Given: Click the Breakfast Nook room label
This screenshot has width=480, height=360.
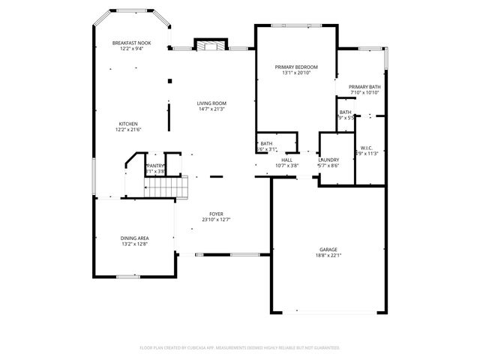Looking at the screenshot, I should (x=132, y=43).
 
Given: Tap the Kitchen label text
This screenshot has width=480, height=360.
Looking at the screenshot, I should (x=127, y=124).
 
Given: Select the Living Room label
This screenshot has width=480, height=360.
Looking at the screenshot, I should (x=211, y=103).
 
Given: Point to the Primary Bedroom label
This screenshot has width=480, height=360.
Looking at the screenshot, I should (x=296, y=67).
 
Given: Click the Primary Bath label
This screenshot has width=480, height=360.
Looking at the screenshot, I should (x=365, y=87).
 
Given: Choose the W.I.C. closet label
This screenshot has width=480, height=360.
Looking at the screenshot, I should (x=367, y=147).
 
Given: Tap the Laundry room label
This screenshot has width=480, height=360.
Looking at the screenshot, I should (x=328, y=160).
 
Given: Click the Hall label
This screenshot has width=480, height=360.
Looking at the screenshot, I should (x=286, y=160).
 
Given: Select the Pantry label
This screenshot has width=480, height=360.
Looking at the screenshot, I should (x=155, y=166).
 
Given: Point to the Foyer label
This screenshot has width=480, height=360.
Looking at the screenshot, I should (x=216, y=214).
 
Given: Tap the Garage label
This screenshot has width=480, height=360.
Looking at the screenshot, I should (x=328, y=249).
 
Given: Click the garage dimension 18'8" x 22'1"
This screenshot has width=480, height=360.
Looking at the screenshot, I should (x=328, y=255).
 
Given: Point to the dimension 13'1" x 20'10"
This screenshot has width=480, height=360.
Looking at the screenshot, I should (x=296, y=73).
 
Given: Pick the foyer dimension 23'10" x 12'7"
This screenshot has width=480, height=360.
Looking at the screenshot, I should (x=216, y=220).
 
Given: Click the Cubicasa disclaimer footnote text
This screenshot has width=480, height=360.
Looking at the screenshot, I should (x=240, y=347).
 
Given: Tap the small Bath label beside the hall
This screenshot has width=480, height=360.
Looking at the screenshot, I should (x=266, y=144).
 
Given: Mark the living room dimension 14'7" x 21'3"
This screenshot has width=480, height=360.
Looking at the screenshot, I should (x=211, y=109).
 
